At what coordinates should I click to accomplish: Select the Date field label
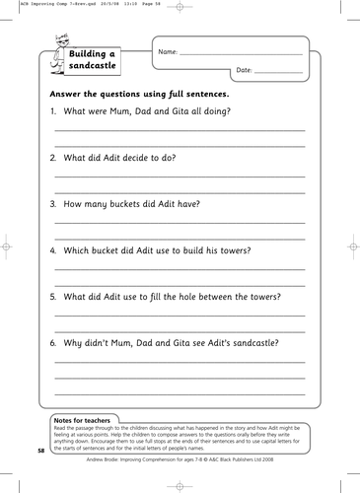coord(247,71)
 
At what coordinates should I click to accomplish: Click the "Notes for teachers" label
coord(89,419)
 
